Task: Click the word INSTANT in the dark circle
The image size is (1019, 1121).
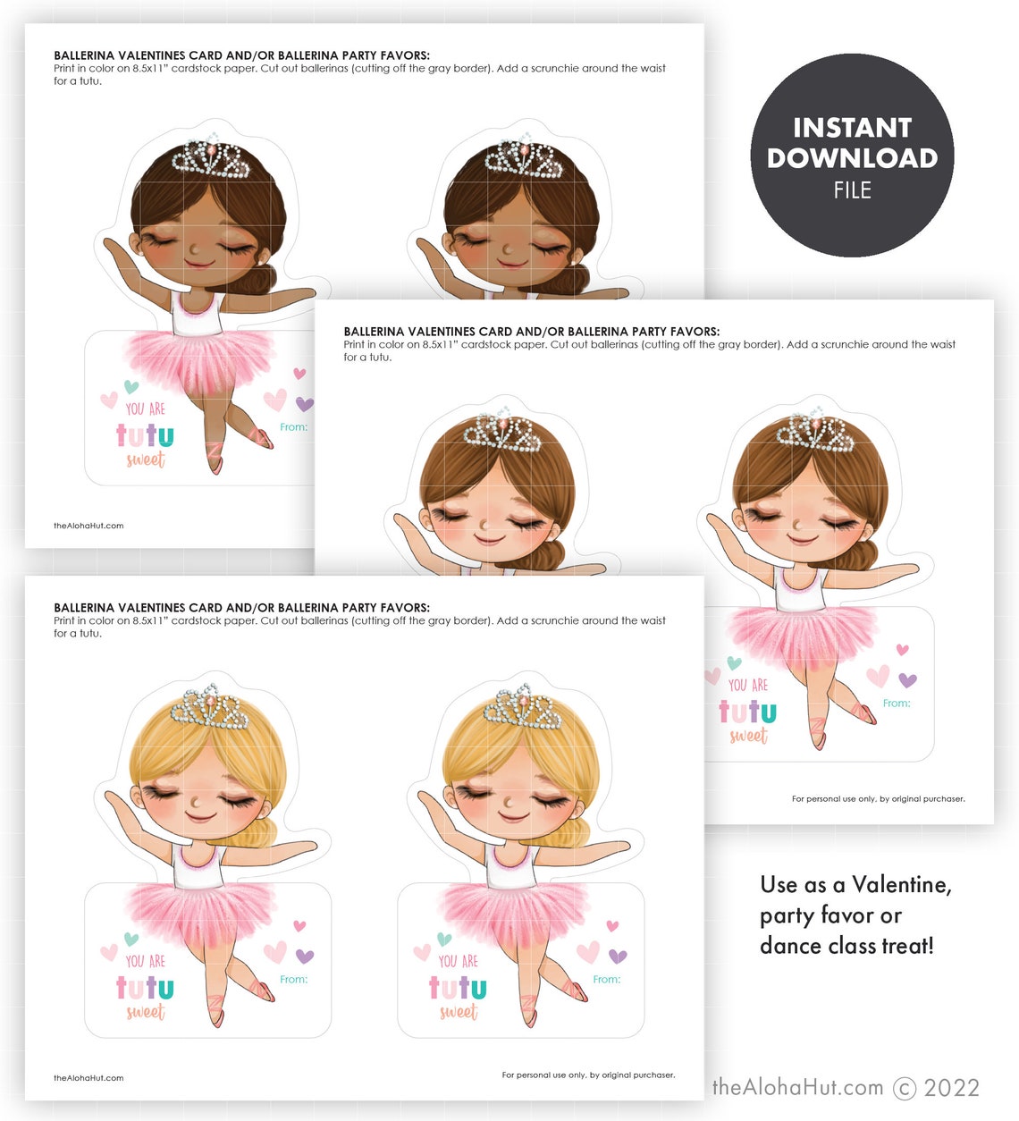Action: [852, 128]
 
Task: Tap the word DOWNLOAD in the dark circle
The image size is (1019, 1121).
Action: [852, 158]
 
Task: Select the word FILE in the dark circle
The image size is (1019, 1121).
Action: [852, 190]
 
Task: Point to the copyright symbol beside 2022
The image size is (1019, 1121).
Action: [905, 1088]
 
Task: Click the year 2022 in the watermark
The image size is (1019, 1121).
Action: [951, 1088]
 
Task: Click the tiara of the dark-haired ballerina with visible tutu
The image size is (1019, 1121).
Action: [210, 157]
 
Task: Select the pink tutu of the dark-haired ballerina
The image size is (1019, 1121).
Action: [198, 358]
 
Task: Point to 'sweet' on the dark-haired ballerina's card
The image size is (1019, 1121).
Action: [146, 460]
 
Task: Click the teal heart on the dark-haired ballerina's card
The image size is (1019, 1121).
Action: [131, 387]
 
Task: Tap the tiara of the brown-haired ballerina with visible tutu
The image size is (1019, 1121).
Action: [814, 433]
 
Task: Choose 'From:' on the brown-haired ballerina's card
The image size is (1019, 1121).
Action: [897, 704]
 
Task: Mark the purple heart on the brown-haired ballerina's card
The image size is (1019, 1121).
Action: [907, 680]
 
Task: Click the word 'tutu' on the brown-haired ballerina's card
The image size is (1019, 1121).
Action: [747, 712]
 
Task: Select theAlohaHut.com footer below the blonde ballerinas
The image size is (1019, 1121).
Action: [88, 1078]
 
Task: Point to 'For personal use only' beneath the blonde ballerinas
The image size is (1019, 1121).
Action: [588, 1075]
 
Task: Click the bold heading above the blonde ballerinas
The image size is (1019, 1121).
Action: [241, 608]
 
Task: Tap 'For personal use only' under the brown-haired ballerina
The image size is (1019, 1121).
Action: [878, 799]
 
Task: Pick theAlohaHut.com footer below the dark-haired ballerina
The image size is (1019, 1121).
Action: [88, 526]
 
